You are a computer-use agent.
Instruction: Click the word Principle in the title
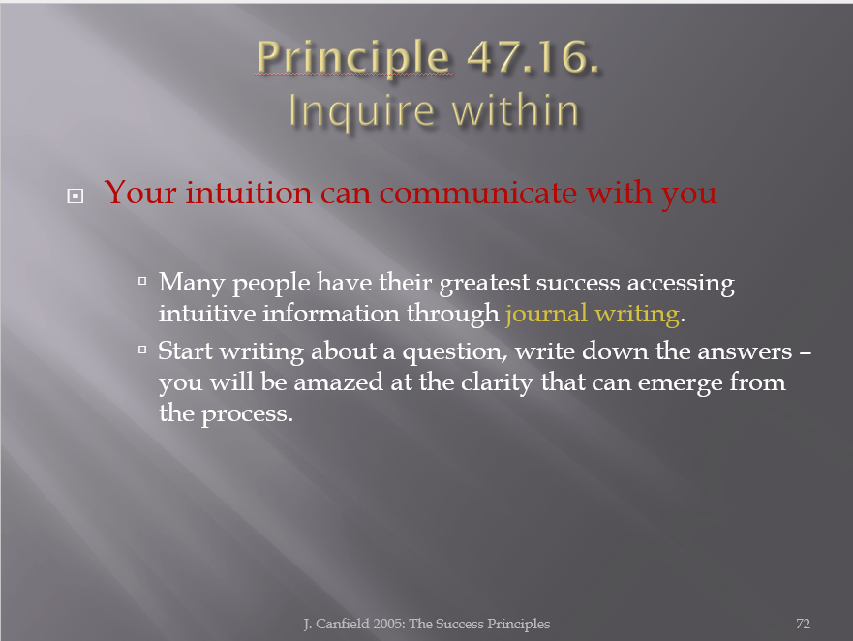353,58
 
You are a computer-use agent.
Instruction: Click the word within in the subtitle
515,110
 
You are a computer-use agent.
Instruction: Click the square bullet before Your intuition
76,196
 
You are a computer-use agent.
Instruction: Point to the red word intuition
249,193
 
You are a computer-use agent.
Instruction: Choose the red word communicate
478,193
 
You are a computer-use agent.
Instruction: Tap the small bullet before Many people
142,281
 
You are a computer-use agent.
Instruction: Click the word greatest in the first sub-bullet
484,284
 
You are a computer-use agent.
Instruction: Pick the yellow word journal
546,315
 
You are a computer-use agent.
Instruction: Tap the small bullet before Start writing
142,350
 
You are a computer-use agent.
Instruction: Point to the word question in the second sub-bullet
455,352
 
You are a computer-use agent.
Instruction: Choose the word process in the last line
247,414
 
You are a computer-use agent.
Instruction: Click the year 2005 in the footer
389,624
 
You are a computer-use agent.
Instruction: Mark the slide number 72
803,624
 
